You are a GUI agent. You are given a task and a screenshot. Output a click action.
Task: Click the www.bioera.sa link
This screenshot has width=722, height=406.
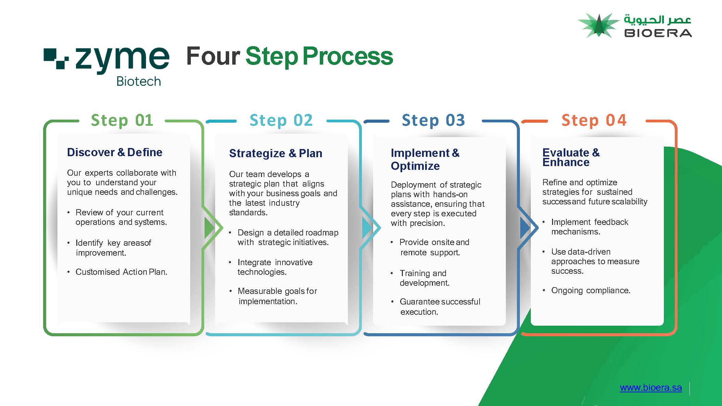point(651,388)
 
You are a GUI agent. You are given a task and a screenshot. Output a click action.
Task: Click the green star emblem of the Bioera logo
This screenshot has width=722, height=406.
point(599,25)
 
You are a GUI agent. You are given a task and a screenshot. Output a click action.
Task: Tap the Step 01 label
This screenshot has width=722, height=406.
point(122,120)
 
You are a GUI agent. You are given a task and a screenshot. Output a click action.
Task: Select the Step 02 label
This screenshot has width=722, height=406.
point(281,120)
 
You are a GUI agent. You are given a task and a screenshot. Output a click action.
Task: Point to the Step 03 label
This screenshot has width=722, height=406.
point(433,120)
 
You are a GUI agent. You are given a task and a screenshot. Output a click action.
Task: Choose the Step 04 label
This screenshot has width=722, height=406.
point(594,120)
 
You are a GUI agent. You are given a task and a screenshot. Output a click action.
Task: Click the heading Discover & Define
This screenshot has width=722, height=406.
point(115,152)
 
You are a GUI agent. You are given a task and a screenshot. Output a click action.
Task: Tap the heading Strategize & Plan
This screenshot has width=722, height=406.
point(276,153)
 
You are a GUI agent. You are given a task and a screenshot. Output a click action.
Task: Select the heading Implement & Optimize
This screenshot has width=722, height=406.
point(425,159)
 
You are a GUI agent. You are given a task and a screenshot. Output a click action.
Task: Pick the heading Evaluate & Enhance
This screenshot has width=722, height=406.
point(571,157)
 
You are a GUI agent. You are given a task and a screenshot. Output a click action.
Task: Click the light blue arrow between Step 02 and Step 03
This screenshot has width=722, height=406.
point(367,228)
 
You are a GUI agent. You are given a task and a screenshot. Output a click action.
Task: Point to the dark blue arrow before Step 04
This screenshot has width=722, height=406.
point(525,228)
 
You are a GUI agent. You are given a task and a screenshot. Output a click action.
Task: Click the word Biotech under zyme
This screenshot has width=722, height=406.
point(139,81)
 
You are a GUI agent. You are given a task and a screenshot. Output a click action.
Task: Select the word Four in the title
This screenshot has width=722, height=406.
point(213,56)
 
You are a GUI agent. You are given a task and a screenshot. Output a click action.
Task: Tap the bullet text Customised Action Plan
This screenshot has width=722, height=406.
point(121,272)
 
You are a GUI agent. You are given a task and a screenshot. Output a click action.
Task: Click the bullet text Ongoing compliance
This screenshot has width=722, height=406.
point(591,290)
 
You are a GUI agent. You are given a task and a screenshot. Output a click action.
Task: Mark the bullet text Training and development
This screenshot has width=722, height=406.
point(424,278)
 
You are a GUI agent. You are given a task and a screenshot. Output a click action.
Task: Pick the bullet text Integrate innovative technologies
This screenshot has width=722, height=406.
point(275,267)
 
